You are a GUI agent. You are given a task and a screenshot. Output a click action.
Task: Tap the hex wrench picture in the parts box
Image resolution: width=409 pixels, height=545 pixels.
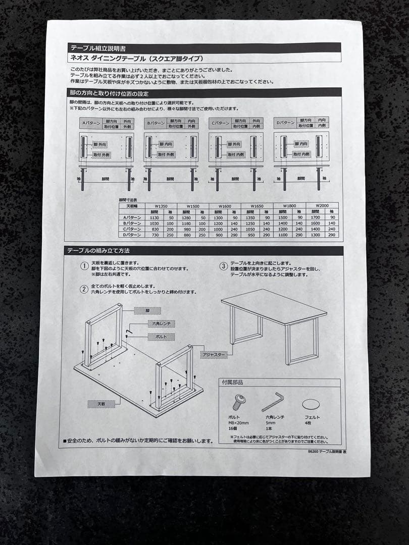click(x=273, y=402)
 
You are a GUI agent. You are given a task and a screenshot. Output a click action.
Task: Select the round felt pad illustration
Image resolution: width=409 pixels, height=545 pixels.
click(x=311, y=404)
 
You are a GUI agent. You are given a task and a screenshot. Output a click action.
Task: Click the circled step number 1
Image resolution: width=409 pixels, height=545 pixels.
click(x=84, y=266)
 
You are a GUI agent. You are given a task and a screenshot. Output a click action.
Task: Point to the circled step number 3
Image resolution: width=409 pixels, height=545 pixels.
click(x=223, y=266)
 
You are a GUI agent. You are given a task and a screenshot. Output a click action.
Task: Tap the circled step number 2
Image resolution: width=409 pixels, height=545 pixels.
click(x=84, y=289)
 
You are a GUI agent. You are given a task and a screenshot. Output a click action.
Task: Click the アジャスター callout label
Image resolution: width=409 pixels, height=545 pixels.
click(x=214, y=355)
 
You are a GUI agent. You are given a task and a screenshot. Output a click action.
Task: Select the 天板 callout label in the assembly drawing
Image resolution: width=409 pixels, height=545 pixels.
click(x=101, y=404)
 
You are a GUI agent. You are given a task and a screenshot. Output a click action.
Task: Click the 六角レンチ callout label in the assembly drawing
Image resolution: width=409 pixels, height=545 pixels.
click(x=162, y=323)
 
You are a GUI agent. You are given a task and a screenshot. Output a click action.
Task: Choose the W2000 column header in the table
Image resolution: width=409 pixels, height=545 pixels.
click(x=322, y=205)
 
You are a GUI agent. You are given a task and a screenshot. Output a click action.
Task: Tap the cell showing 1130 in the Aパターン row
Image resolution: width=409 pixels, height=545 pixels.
click(x=155, y=217)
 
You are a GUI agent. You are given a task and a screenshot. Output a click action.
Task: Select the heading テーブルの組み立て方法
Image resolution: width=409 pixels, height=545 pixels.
click(x=100, y=251)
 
